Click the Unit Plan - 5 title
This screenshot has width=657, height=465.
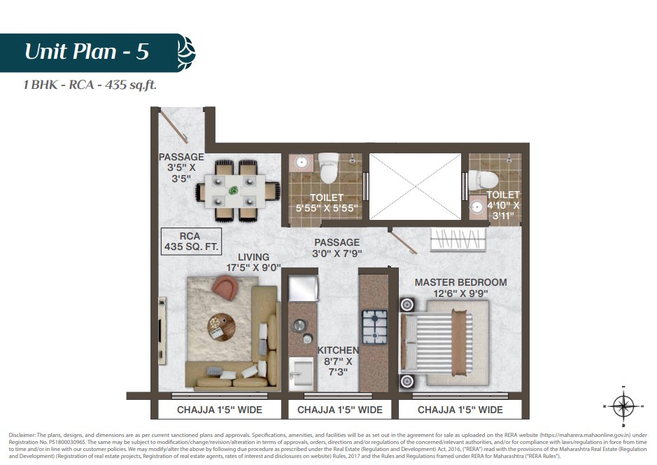pyautogui.click(x=87, y=52)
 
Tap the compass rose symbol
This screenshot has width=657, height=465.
pyautogui.click(x=624, y=406)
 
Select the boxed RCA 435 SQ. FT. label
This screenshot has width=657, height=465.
pyautogui.click(x=191, y=242)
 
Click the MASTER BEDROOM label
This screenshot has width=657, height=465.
pyautogui.click(x=460, y=282)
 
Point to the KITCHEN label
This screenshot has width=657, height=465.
pyautogui.click(x=338, y=350)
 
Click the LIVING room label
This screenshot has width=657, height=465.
pyautogui.click(x=253, y=257)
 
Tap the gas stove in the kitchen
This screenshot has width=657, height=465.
pyautogui.click(x=374, y=326)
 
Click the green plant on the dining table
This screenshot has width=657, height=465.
pyautogui.click(x=233, y=190)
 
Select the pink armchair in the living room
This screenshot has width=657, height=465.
pyautogui.click(x=225, y=288)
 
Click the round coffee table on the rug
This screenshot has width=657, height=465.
pyautogui.click(x=221, y=327)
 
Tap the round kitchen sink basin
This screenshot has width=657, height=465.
pyautogui.click(x=299, y=325)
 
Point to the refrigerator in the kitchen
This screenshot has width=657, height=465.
pyautogui.click(x=304, y=289)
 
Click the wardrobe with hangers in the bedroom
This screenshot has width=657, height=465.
pyautogui.click(x=458, y=240)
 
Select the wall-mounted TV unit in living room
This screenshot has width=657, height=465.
pyautogui.click(x=162, y=331)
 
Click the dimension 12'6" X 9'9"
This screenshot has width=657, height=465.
pyautogui.click(x=460, y=293)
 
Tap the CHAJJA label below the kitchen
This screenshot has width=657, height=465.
pyautogui.click(x=340, y=410)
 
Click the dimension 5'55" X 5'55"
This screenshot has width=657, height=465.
pyautogui.click(x=327, y=208)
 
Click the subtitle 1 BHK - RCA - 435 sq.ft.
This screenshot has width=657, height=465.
pyautogui.click(x=90, y=85)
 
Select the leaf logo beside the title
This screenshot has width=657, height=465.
pyautogui.click(x=186, y=53)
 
